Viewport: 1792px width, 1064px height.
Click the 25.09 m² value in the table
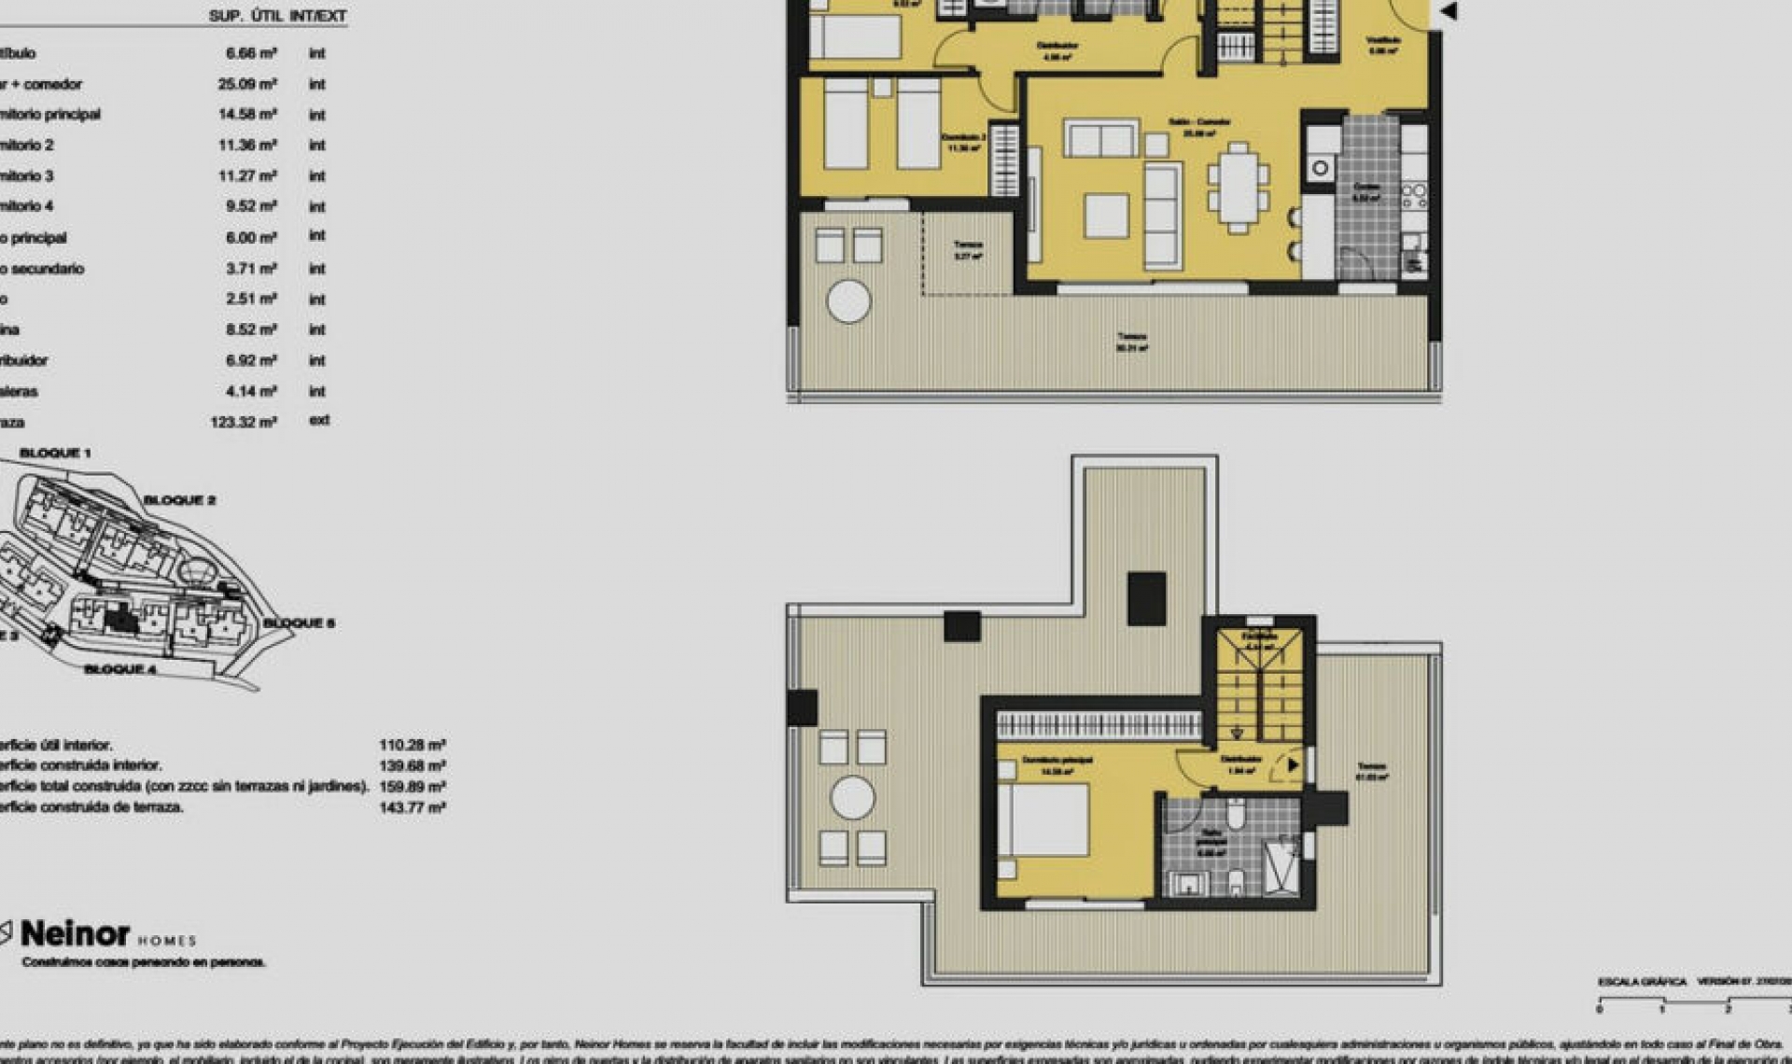pyautogui.click(x=247, y=84)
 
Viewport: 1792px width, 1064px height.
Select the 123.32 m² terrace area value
pyautogui.click(x=244, y=422)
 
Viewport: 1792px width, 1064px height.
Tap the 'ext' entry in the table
pyautogui.click(x=318, y=421)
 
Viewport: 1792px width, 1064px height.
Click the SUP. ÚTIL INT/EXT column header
pyautogui.click(x=277, y=16)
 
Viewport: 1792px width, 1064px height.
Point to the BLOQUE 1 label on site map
pyautogui.click(x=55, y=453)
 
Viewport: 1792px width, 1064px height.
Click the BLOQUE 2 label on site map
pyautogui.click(x=179, y=500)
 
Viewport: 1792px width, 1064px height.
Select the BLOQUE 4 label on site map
pyautogui.click(x=120, y=669)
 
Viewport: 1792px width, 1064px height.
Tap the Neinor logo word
pyautogui.click(x=75, y=933)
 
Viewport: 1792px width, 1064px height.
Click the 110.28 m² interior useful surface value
pyautogui.click(x=412, y=745)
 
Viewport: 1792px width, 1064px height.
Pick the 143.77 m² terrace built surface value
pyautogui.click(x=412, y=807)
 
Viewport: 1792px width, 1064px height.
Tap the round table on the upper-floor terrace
pyautogui.click(x=852, y=798)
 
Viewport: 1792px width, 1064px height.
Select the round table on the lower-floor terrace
pyautogui.click(x=848, y=301)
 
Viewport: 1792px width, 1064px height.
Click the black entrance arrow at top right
pyautogui.click(x=1449, y=12)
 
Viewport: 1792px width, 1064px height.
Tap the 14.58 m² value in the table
pyautogui.click(x=247, y=115)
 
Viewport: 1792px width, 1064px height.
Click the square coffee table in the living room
pyautogui.click(x=1106, y=215)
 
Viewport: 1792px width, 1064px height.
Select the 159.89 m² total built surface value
pyautogui.click(x=412, y=787)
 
